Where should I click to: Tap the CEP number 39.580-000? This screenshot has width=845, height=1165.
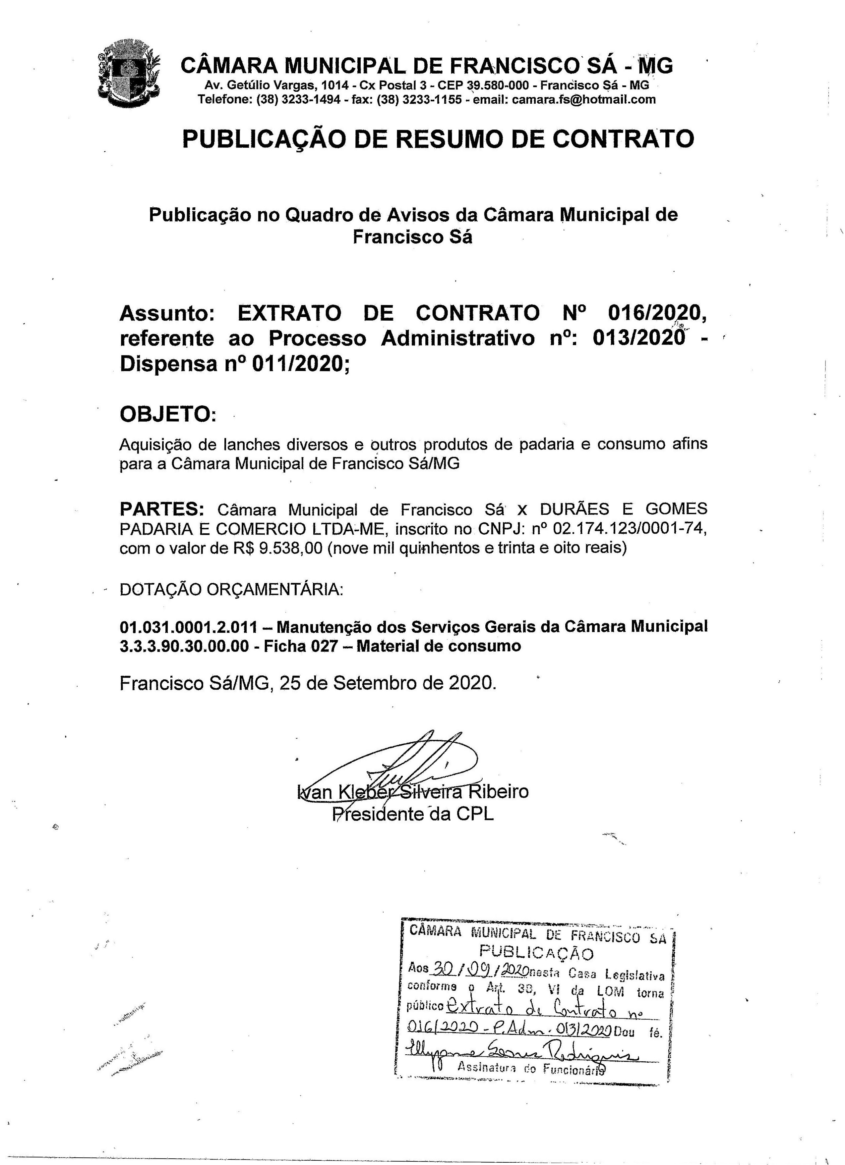pos(497,85)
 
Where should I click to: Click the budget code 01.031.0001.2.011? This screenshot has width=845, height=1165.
pos(188,627)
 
